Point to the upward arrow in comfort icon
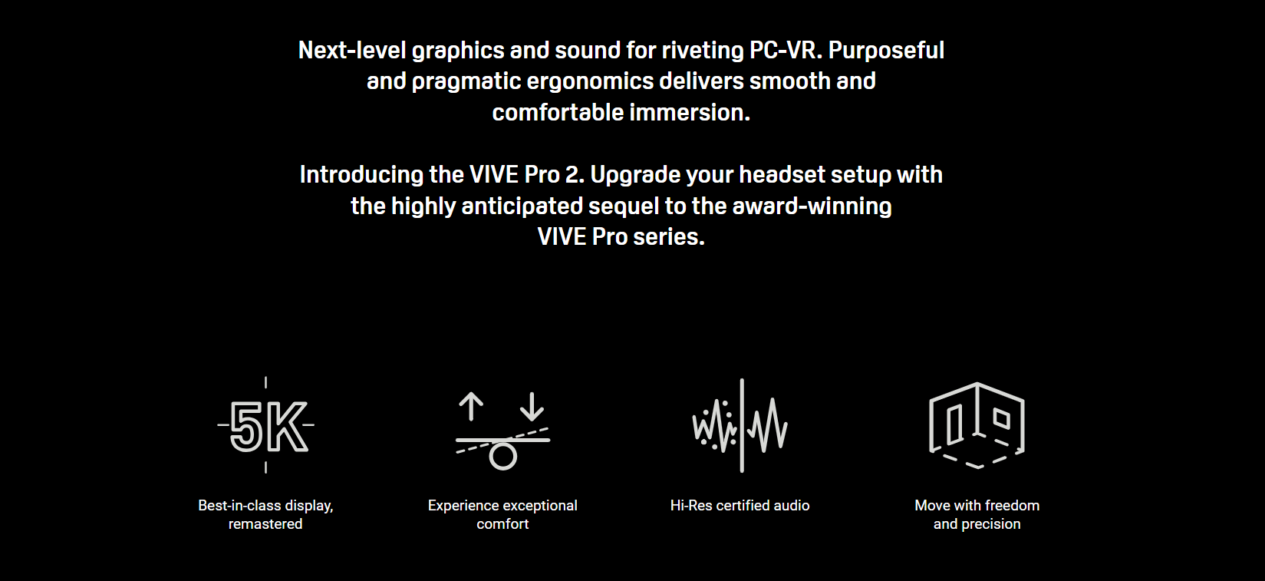(471, 407)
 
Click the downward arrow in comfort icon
(532, 407)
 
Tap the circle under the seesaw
(502, 457)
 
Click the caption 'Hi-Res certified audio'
(740, 505)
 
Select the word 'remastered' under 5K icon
(265, 524)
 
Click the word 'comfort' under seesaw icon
(502, 524)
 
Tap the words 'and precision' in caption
(977, 524)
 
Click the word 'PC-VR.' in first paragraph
(786, 51)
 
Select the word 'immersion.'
(690, 113)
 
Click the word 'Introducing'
(361, 175)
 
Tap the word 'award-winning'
(812, 206)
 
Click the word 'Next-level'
(352, 51)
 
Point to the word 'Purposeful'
(886, 51)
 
